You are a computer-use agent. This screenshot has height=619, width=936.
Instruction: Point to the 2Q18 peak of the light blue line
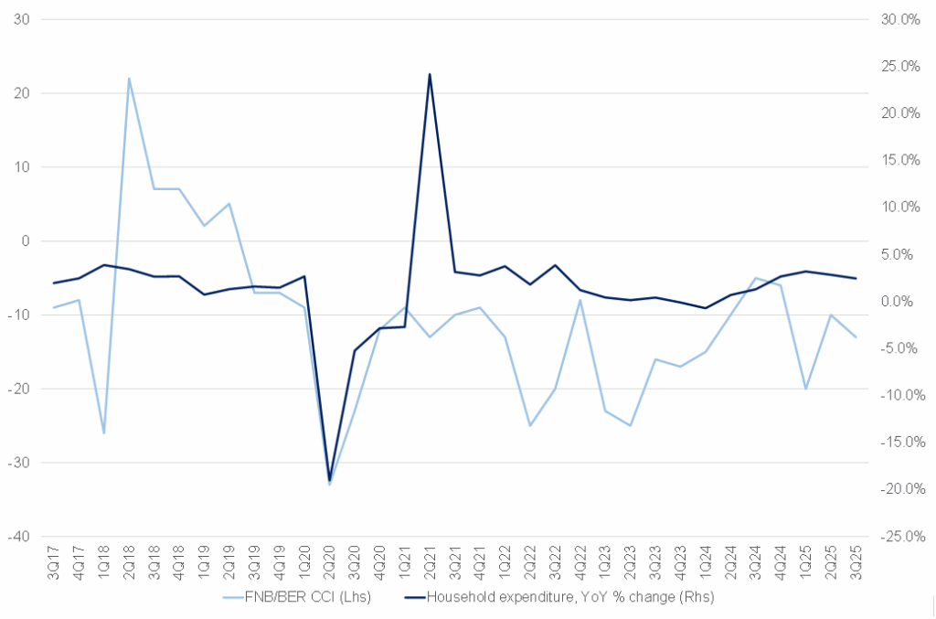129,78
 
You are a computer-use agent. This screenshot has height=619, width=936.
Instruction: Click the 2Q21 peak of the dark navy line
430,74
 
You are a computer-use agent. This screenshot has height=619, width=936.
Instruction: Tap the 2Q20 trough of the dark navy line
329,478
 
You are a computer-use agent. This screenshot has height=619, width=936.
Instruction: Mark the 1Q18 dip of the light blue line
104,432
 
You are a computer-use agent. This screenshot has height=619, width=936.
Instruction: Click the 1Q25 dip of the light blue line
805,388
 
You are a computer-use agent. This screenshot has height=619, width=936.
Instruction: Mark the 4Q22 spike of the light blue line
580,300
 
